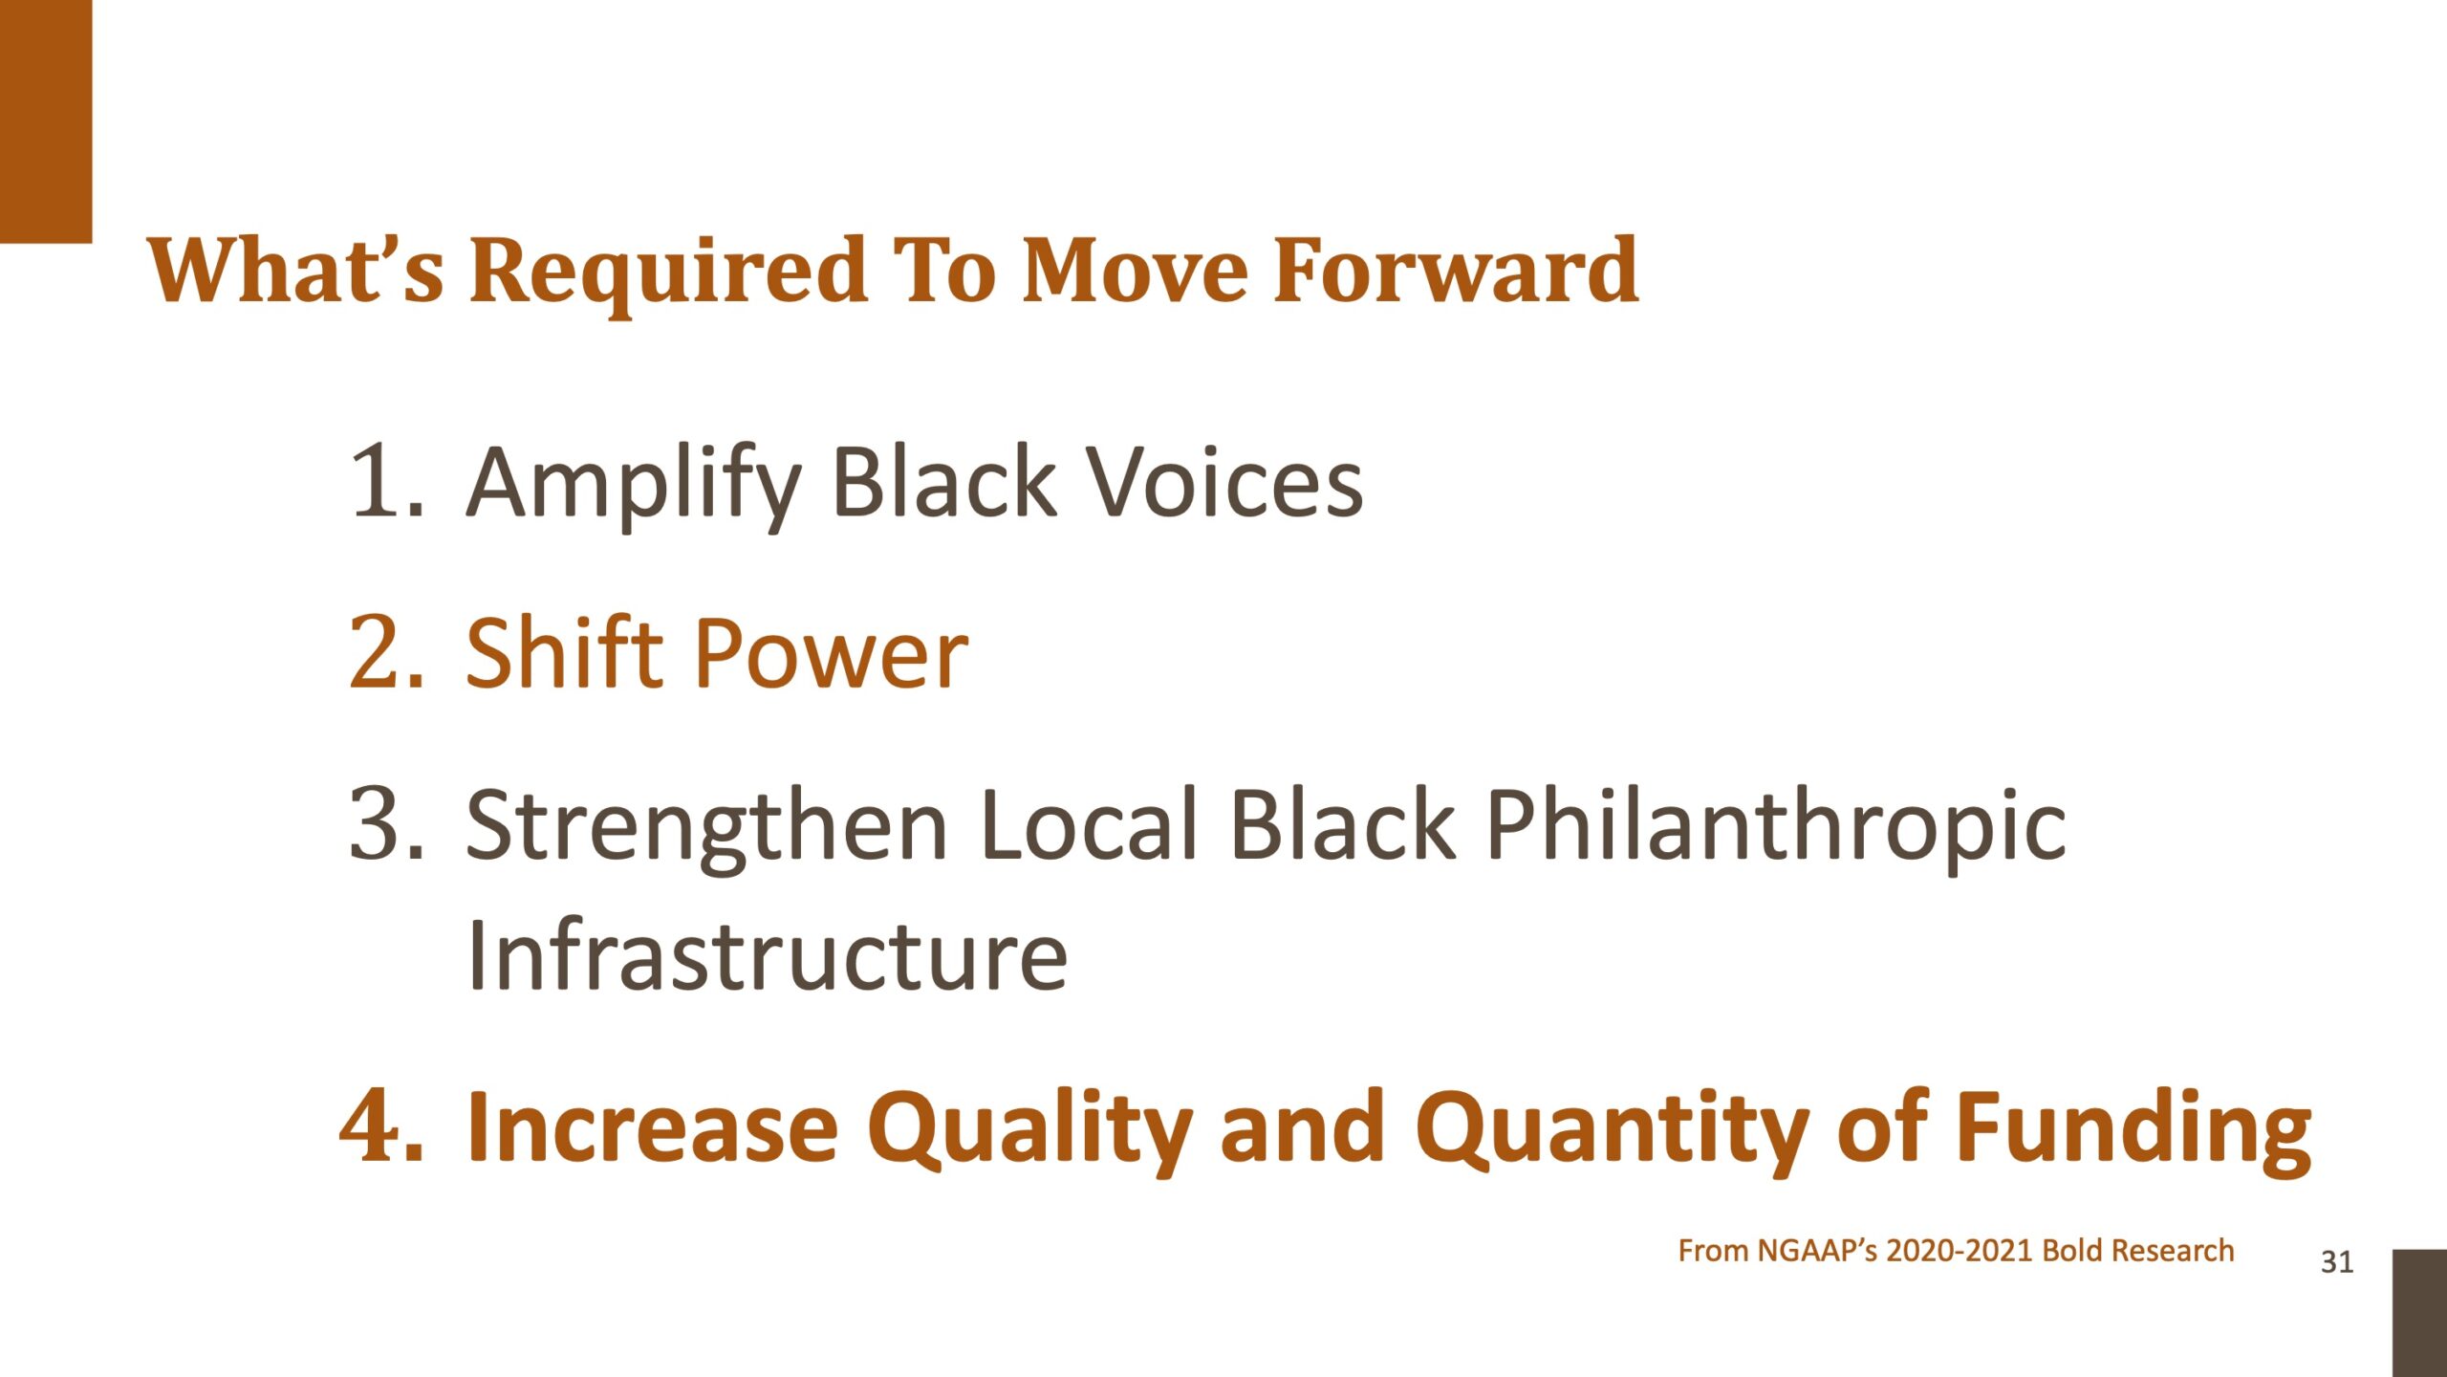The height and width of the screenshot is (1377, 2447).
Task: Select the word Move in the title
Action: click(x=1135, y=272)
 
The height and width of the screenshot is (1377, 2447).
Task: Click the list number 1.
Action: click(x=384, y=483)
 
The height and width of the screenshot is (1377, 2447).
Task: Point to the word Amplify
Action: click(x=634, y=487)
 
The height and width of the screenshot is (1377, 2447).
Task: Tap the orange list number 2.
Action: click(x=385, y=653)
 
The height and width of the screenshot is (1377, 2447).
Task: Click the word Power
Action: click(x=832, y=654)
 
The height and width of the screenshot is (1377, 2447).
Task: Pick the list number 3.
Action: click(x=385, y=823)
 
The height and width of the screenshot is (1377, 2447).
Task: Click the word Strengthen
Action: click(x=706, y=828)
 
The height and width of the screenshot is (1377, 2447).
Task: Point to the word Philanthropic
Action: click(x=1776, y=828)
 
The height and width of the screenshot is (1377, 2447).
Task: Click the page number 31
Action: click(x=2337, y=1262)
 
